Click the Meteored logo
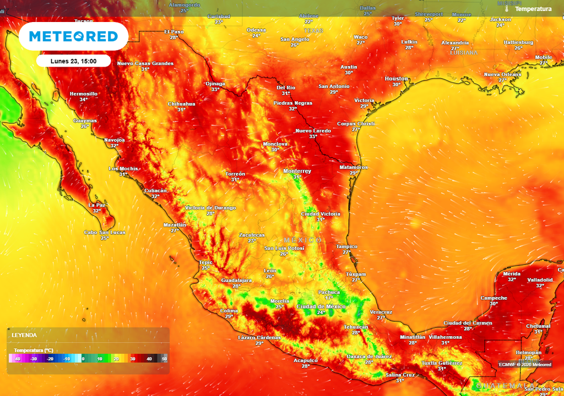(73, 37)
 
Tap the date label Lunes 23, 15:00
(74, 61)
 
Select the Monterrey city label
(297, 171)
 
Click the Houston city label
(396, 79)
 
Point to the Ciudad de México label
(321, 306)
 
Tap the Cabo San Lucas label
(104, 233)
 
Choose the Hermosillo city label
(84, 94)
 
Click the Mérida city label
(512, 273)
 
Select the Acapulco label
(306, 360)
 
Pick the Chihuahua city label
(181, 103)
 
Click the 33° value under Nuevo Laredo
(313, 136)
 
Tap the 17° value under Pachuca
(329, 298)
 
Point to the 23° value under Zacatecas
(252, 240)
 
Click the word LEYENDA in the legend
(24, 335)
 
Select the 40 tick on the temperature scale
(149, 359)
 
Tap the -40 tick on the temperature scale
(18, 359)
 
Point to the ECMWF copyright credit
(525, 364)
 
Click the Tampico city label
(346, 246)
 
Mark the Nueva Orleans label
(502, 74)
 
